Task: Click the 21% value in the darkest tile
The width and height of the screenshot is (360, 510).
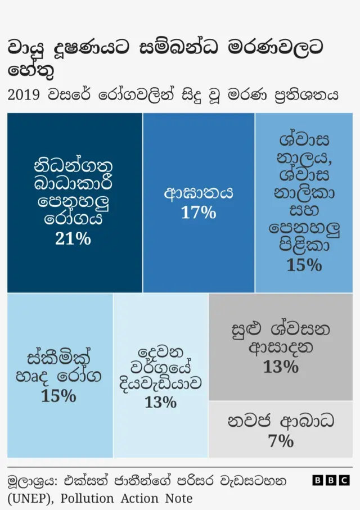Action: (x=73, y=239)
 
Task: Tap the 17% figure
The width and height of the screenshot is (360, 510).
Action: (x=198, y=213)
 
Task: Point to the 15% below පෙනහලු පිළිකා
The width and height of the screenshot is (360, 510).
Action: (x=304, y=265)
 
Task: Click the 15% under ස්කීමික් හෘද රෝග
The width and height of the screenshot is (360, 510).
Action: (x=58, y=396)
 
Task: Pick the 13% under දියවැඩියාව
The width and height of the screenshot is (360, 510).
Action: (x=160, y=403)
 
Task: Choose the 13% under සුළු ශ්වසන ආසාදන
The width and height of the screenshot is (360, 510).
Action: (x=281, y=367)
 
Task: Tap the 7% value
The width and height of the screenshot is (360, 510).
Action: (x=281, y=441)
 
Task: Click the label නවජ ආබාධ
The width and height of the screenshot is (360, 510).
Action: (x=281, y=421)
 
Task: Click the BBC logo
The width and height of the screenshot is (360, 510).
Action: (x=331, y=480)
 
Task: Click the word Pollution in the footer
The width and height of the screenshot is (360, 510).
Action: (x=88, y=498)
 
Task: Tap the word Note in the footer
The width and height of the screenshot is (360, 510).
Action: (x=179, y=498)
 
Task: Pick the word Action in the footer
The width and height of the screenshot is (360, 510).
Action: (x=141, y=498)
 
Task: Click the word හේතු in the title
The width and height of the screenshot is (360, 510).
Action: (x=33, y=71)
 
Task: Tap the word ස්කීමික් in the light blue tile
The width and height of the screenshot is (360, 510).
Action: (x=58, y=358)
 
